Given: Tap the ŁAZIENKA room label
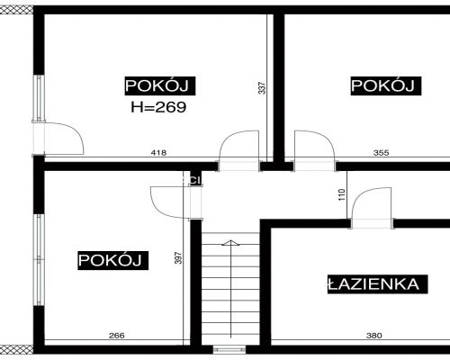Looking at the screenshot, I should [x=373, y=284].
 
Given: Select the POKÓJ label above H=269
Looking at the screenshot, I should [x=160, y=85].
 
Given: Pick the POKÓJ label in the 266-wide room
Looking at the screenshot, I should [x=112, y=260].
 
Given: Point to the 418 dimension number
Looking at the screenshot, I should [x=158, y=153].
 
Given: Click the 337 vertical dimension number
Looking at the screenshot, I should [x=262, y=89].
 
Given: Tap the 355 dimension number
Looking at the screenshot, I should [x=381, y=153].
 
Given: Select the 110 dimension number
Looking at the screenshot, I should [x=342, y=193].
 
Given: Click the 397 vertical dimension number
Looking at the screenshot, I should [x=179, y=259].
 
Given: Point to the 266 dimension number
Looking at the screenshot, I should [x=116, y=336].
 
